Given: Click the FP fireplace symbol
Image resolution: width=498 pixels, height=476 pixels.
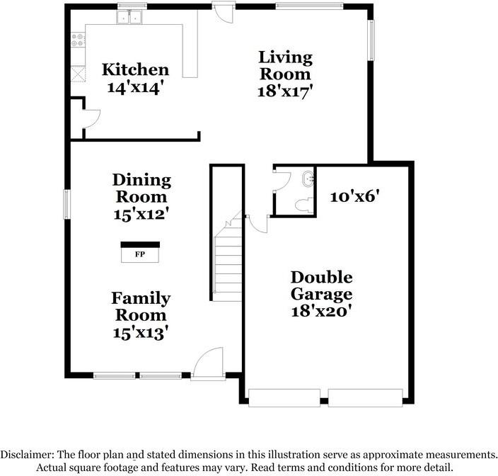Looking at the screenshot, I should point(139,253).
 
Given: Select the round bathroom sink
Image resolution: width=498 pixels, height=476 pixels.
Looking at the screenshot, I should point(308,180).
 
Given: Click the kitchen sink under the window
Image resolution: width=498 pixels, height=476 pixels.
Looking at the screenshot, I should point(132,18).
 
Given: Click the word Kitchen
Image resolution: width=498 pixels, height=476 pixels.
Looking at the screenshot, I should point(136,69).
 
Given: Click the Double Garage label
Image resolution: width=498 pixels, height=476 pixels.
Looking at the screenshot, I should point(321,285).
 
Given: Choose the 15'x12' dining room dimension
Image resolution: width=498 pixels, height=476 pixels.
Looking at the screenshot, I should point(142,213).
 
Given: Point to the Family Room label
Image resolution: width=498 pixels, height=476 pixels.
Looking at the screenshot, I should point(140,306).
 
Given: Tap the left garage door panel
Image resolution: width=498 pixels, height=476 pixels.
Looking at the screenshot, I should point(286,398).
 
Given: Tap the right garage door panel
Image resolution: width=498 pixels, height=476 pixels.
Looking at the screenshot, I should point(365,398).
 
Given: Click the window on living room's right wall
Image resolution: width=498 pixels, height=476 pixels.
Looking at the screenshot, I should point(370,40).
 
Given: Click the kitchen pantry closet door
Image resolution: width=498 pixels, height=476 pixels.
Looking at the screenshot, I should point(84,118).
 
